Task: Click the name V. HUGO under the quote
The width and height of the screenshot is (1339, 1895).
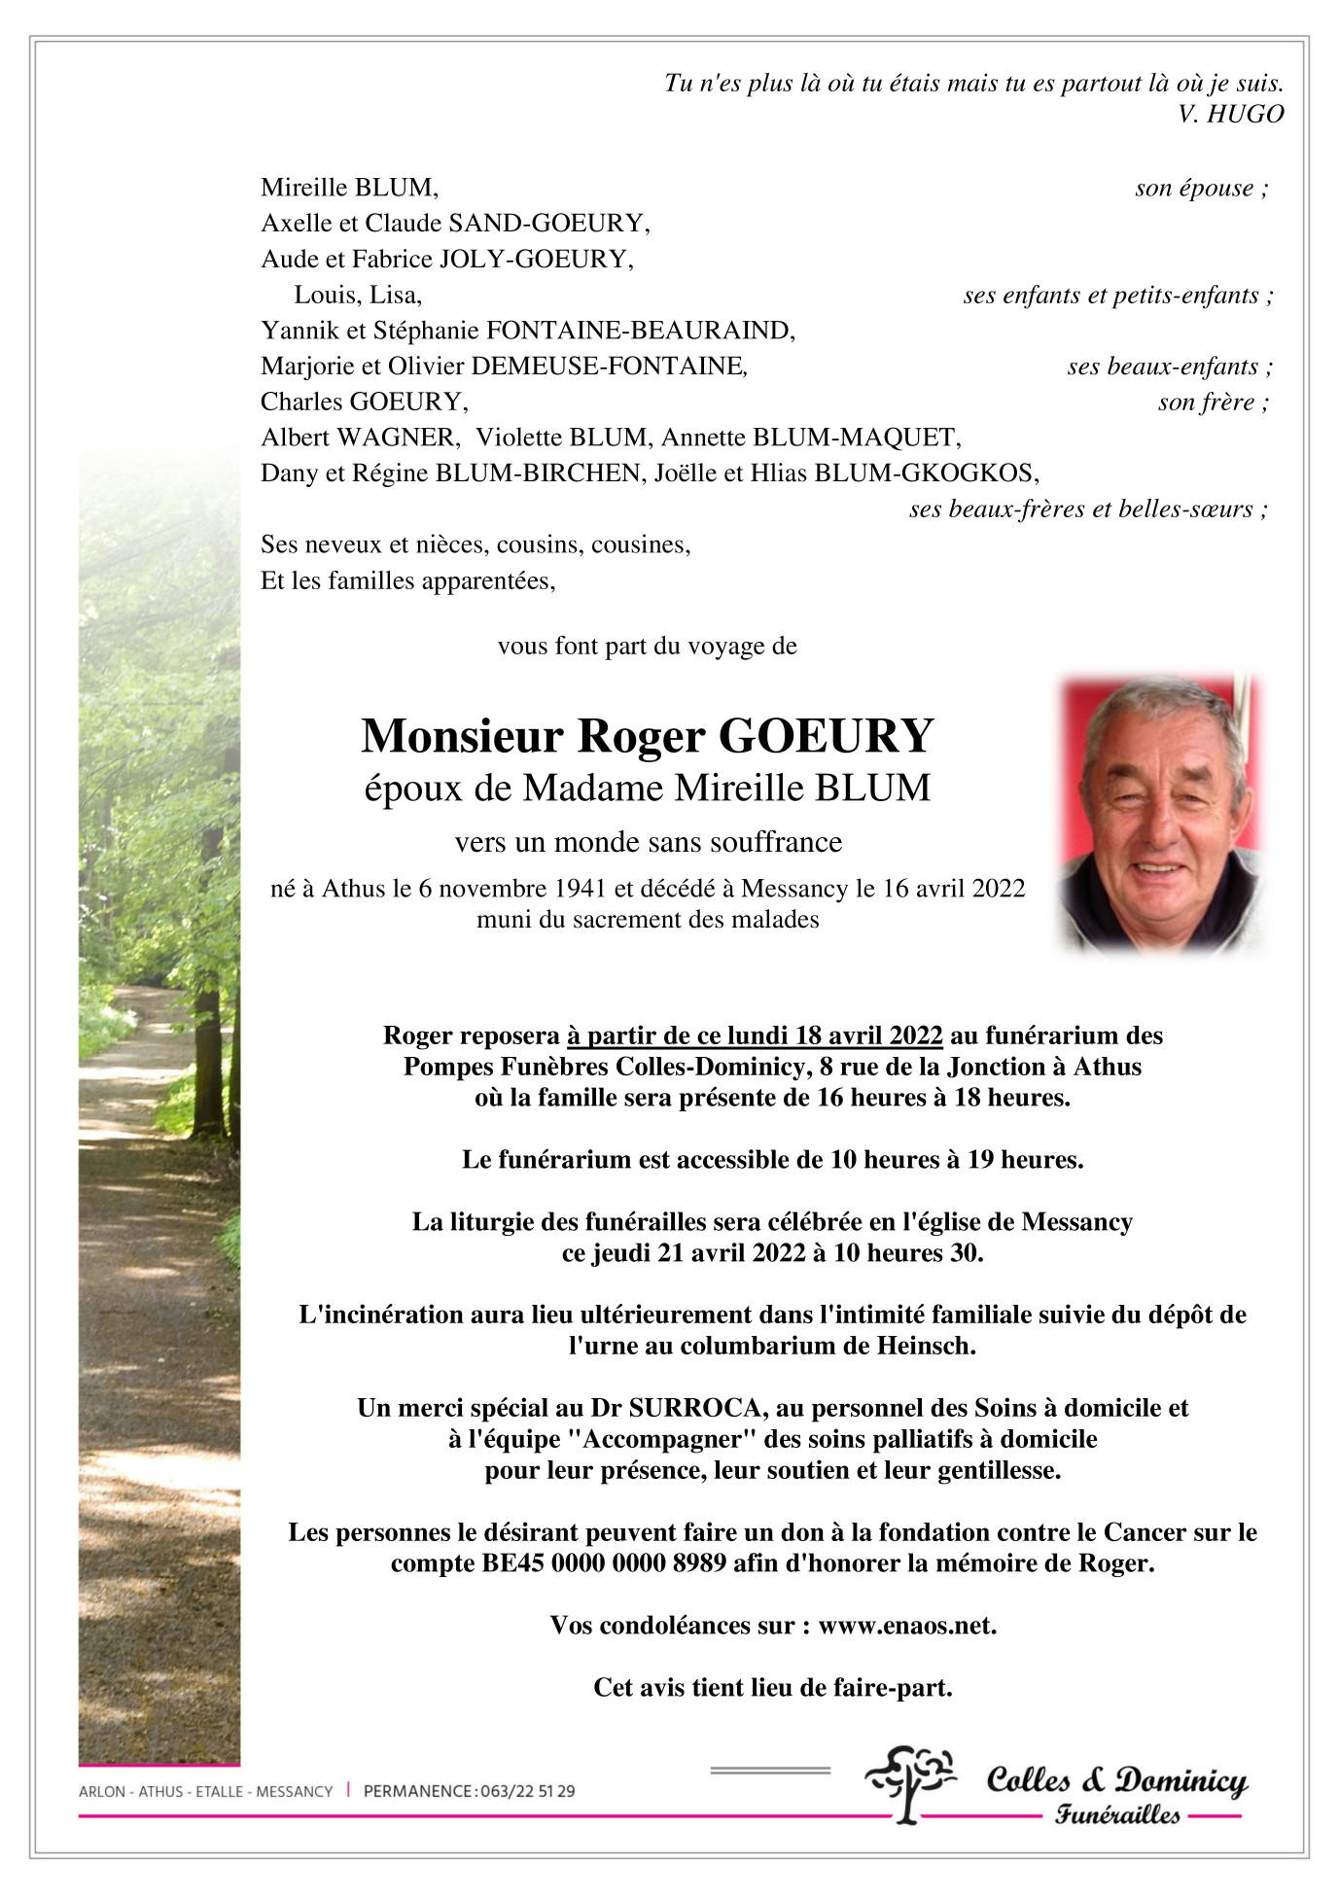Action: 1230,114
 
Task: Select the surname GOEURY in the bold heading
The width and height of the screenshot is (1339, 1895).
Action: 826,736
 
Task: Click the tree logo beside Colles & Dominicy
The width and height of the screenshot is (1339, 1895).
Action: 909,1782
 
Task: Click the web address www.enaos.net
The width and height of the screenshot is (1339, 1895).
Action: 906,1626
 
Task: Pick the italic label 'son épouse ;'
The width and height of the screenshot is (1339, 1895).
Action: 1201,189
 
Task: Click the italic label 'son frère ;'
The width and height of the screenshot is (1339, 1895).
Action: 1213,403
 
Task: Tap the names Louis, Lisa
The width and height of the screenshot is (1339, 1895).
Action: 358,295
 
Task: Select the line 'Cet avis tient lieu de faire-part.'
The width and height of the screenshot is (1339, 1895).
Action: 772,1688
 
